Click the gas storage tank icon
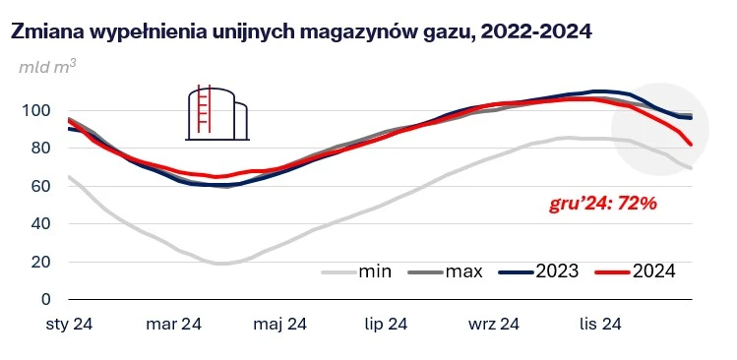coord(217,110)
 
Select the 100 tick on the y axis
coord(34,111)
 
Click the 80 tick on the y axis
coord(39,149)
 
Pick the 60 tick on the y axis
coord(39,186)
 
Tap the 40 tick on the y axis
coord(39,224)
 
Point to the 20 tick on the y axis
coord(39,262)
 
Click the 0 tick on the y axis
coord(44,299)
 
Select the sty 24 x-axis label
coord(68,324)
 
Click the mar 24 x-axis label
coord(174,324)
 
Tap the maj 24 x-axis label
coord(280,324)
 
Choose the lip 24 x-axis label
coord(386,324)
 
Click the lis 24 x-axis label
coord(598,324)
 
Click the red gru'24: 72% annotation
coord(601,206)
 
